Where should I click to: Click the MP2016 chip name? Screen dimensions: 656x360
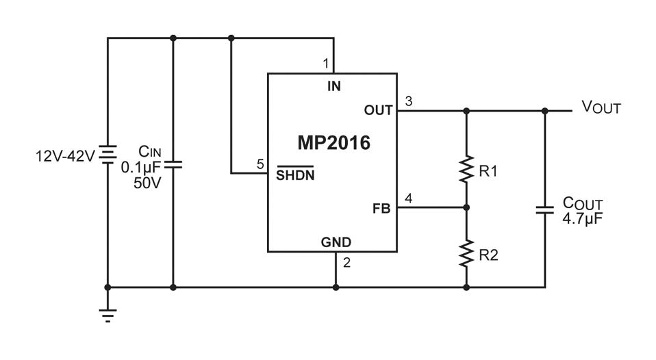334,143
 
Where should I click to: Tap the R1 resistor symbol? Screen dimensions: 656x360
466,169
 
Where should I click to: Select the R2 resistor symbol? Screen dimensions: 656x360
466,253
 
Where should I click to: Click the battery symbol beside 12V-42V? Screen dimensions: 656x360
108,154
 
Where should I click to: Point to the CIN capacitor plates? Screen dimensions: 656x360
173,165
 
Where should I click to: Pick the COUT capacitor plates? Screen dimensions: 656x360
544,210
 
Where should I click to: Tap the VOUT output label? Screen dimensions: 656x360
601,107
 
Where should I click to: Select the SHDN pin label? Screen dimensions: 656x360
295,174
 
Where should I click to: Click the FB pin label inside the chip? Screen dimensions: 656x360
381,209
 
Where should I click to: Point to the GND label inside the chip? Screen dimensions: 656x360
336,242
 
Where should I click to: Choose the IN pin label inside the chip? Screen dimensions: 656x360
334,86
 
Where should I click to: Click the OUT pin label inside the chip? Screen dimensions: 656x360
378,110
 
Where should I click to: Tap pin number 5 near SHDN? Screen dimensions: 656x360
260,164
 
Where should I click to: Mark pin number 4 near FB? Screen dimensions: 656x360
408,198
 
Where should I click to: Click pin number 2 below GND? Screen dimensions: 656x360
346,263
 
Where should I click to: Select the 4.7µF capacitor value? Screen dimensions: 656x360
582,218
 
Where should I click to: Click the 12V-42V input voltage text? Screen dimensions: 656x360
65,156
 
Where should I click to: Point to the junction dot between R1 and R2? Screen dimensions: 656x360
466,207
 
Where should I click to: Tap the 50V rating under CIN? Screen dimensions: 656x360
147,183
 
